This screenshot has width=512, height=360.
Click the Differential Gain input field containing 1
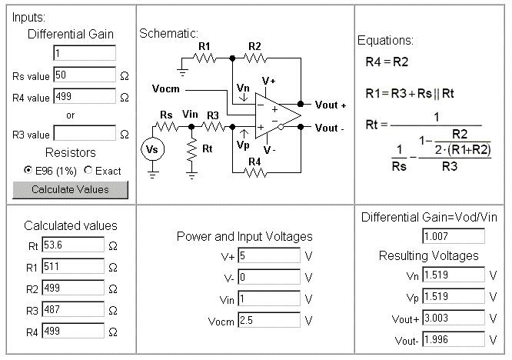point(85,53)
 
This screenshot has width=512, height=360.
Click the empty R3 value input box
point(85,134)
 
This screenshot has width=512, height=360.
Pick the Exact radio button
point(88,170)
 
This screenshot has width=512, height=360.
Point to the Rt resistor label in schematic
point(210,148)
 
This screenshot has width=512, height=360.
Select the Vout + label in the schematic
point(331,104)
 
